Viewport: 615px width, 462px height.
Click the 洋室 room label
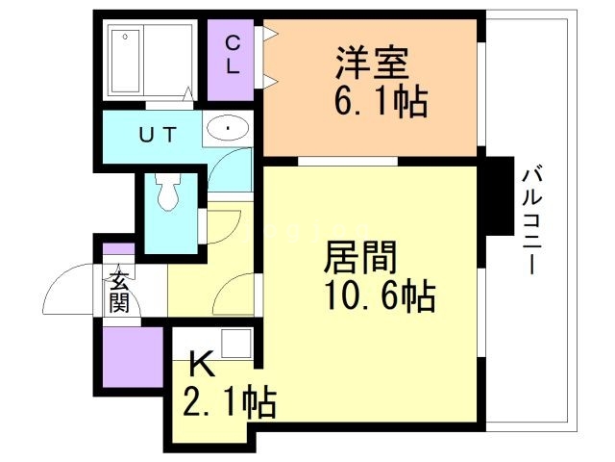pos(372,64)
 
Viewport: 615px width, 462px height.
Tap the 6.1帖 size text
pos(381,100)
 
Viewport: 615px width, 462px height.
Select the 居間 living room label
pos(360,257)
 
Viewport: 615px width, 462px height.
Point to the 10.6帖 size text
pos(380,295)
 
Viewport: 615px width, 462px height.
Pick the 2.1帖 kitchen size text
pos(230,402)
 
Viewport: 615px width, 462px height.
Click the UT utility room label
pos(158,135)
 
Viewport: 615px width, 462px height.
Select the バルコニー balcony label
pos(531,220)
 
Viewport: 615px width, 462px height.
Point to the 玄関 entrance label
pos(119,292)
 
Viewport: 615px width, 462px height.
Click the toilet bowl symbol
pos(168,192)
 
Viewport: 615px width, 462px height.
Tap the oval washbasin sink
pos(228,128)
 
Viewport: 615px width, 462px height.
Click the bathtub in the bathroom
pos(125,61)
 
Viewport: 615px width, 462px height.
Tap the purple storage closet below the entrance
pos(133,357)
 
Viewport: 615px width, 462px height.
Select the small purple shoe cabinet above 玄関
pos(118,249)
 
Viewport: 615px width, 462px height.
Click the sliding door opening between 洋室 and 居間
pos(348,161)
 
